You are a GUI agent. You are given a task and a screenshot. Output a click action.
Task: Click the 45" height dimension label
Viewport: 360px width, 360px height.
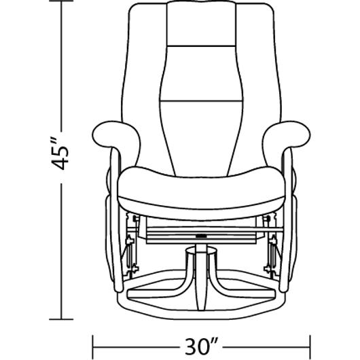(x=60, y=154)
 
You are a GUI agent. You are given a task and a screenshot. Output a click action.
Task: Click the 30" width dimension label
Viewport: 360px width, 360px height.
(x=201, y=346)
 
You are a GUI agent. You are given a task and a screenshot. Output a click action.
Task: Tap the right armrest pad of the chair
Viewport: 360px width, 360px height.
(x=288, y=135)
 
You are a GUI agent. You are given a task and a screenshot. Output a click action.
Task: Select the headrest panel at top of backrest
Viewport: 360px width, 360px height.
(x=201, y=24)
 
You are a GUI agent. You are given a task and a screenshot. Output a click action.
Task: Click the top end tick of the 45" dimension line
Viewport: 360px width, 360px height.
(x=61, y=1)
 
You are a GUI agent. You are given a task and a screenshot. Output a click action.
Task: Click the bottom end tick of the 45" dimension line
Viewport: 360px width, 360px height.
(x=61, y=319)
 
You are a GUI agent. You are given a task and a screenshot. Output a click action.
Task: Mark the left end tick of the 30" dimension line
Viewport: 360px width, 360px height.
(x=93, y=346)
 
